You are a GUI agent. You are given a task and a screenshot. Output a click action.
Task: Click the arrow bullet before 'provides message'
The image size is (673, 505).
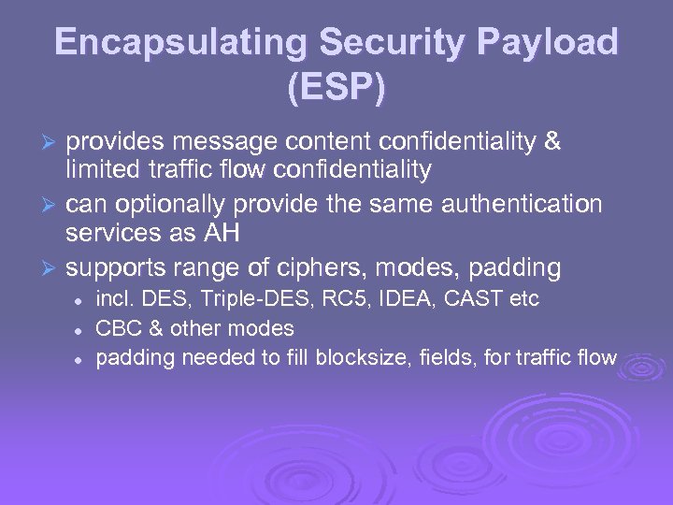click(x=52, y=142)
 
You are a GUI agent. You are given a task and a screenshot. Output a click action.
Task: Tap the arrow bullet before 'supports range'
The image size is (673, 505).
click(x=52, y=269)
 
